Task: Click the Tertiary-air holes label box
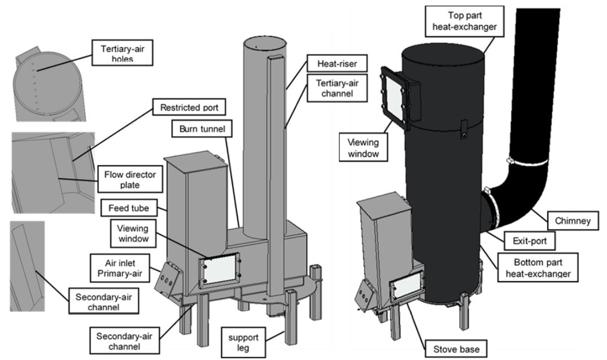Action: coord(123,52)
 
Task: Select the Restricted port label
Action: coord(189,107)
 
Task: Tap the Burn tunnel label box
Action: coord(202,129)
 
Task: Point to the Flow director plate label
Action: coord(130,179)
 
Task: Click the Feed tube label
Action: coord(129,208)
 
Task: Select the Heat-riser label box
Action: coord(337,63)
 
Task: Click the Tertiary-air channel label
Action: coord(337,88)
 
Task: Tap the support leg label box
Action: coord(243,342)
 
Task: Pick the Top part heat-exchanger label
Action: coord(465,21)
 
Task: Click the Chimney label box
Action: coord(573,221)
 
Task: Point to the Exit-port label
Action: coord(530,241)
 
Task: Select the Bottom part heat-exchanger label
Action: coord(538,267)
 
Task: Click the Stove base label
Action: coord(456,349)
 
